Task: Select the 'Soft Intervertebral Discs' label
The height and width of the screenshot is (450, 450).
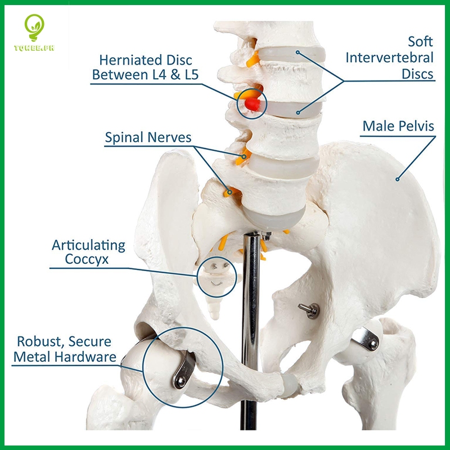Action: coord(390,57)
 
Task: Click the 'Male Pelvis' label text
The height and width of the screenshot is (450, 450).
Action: coord(398,125)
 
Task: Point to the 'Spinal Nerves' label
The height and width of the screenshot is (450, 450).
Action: coord(148,137)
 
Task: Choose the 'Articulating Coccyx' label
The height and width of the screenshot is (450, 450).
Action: coord(89,252)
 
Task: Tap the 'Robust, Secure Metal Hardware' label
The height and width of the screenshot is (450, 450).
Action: coord(64,349)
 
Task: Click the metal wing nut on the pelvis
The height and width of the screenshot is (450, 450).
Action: coord(309,308)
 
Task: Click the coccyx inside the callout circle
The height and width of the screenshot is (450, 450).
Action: coord(216,276)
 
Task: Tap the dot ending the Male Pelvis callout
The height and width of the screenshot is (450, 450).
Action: coord(397,179)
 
